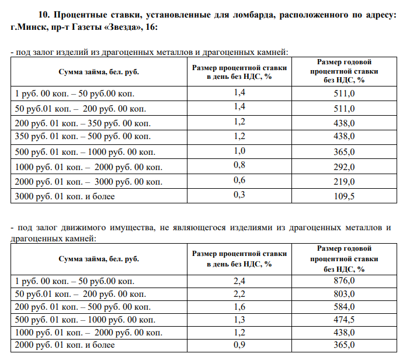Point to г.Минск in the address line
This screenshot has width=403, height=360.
coord(27,27)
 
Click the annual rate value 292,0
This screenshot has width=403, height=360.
coord(344,167)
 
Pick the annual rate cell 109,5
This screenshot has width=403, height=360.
coord(344,196)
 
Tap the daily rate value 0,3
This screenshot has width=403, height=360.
coord(239,195)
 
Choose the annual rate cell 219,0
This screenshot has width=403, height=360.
coord(344,182)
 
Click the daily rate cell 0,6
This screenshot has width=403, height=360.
coord(239,180)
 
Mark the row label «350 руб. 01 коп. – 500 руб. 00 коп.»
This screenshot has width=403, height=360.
coord(82,137)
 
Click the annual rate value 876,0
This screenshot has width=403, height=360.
coord(344,281)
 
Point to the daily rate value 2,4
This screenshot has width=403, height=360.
coord(239,281)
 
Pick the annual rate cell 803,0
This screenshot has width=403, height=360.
coord(344,294)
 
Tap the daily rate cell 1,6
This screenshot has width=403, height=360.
coord(239,307)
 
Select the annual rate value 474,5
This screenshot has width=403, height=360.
coord(344,320)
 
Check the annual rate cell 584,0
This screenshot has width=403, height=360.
coord(344,307)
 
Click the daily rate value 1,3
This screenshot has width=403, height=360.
coord(239,320)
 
